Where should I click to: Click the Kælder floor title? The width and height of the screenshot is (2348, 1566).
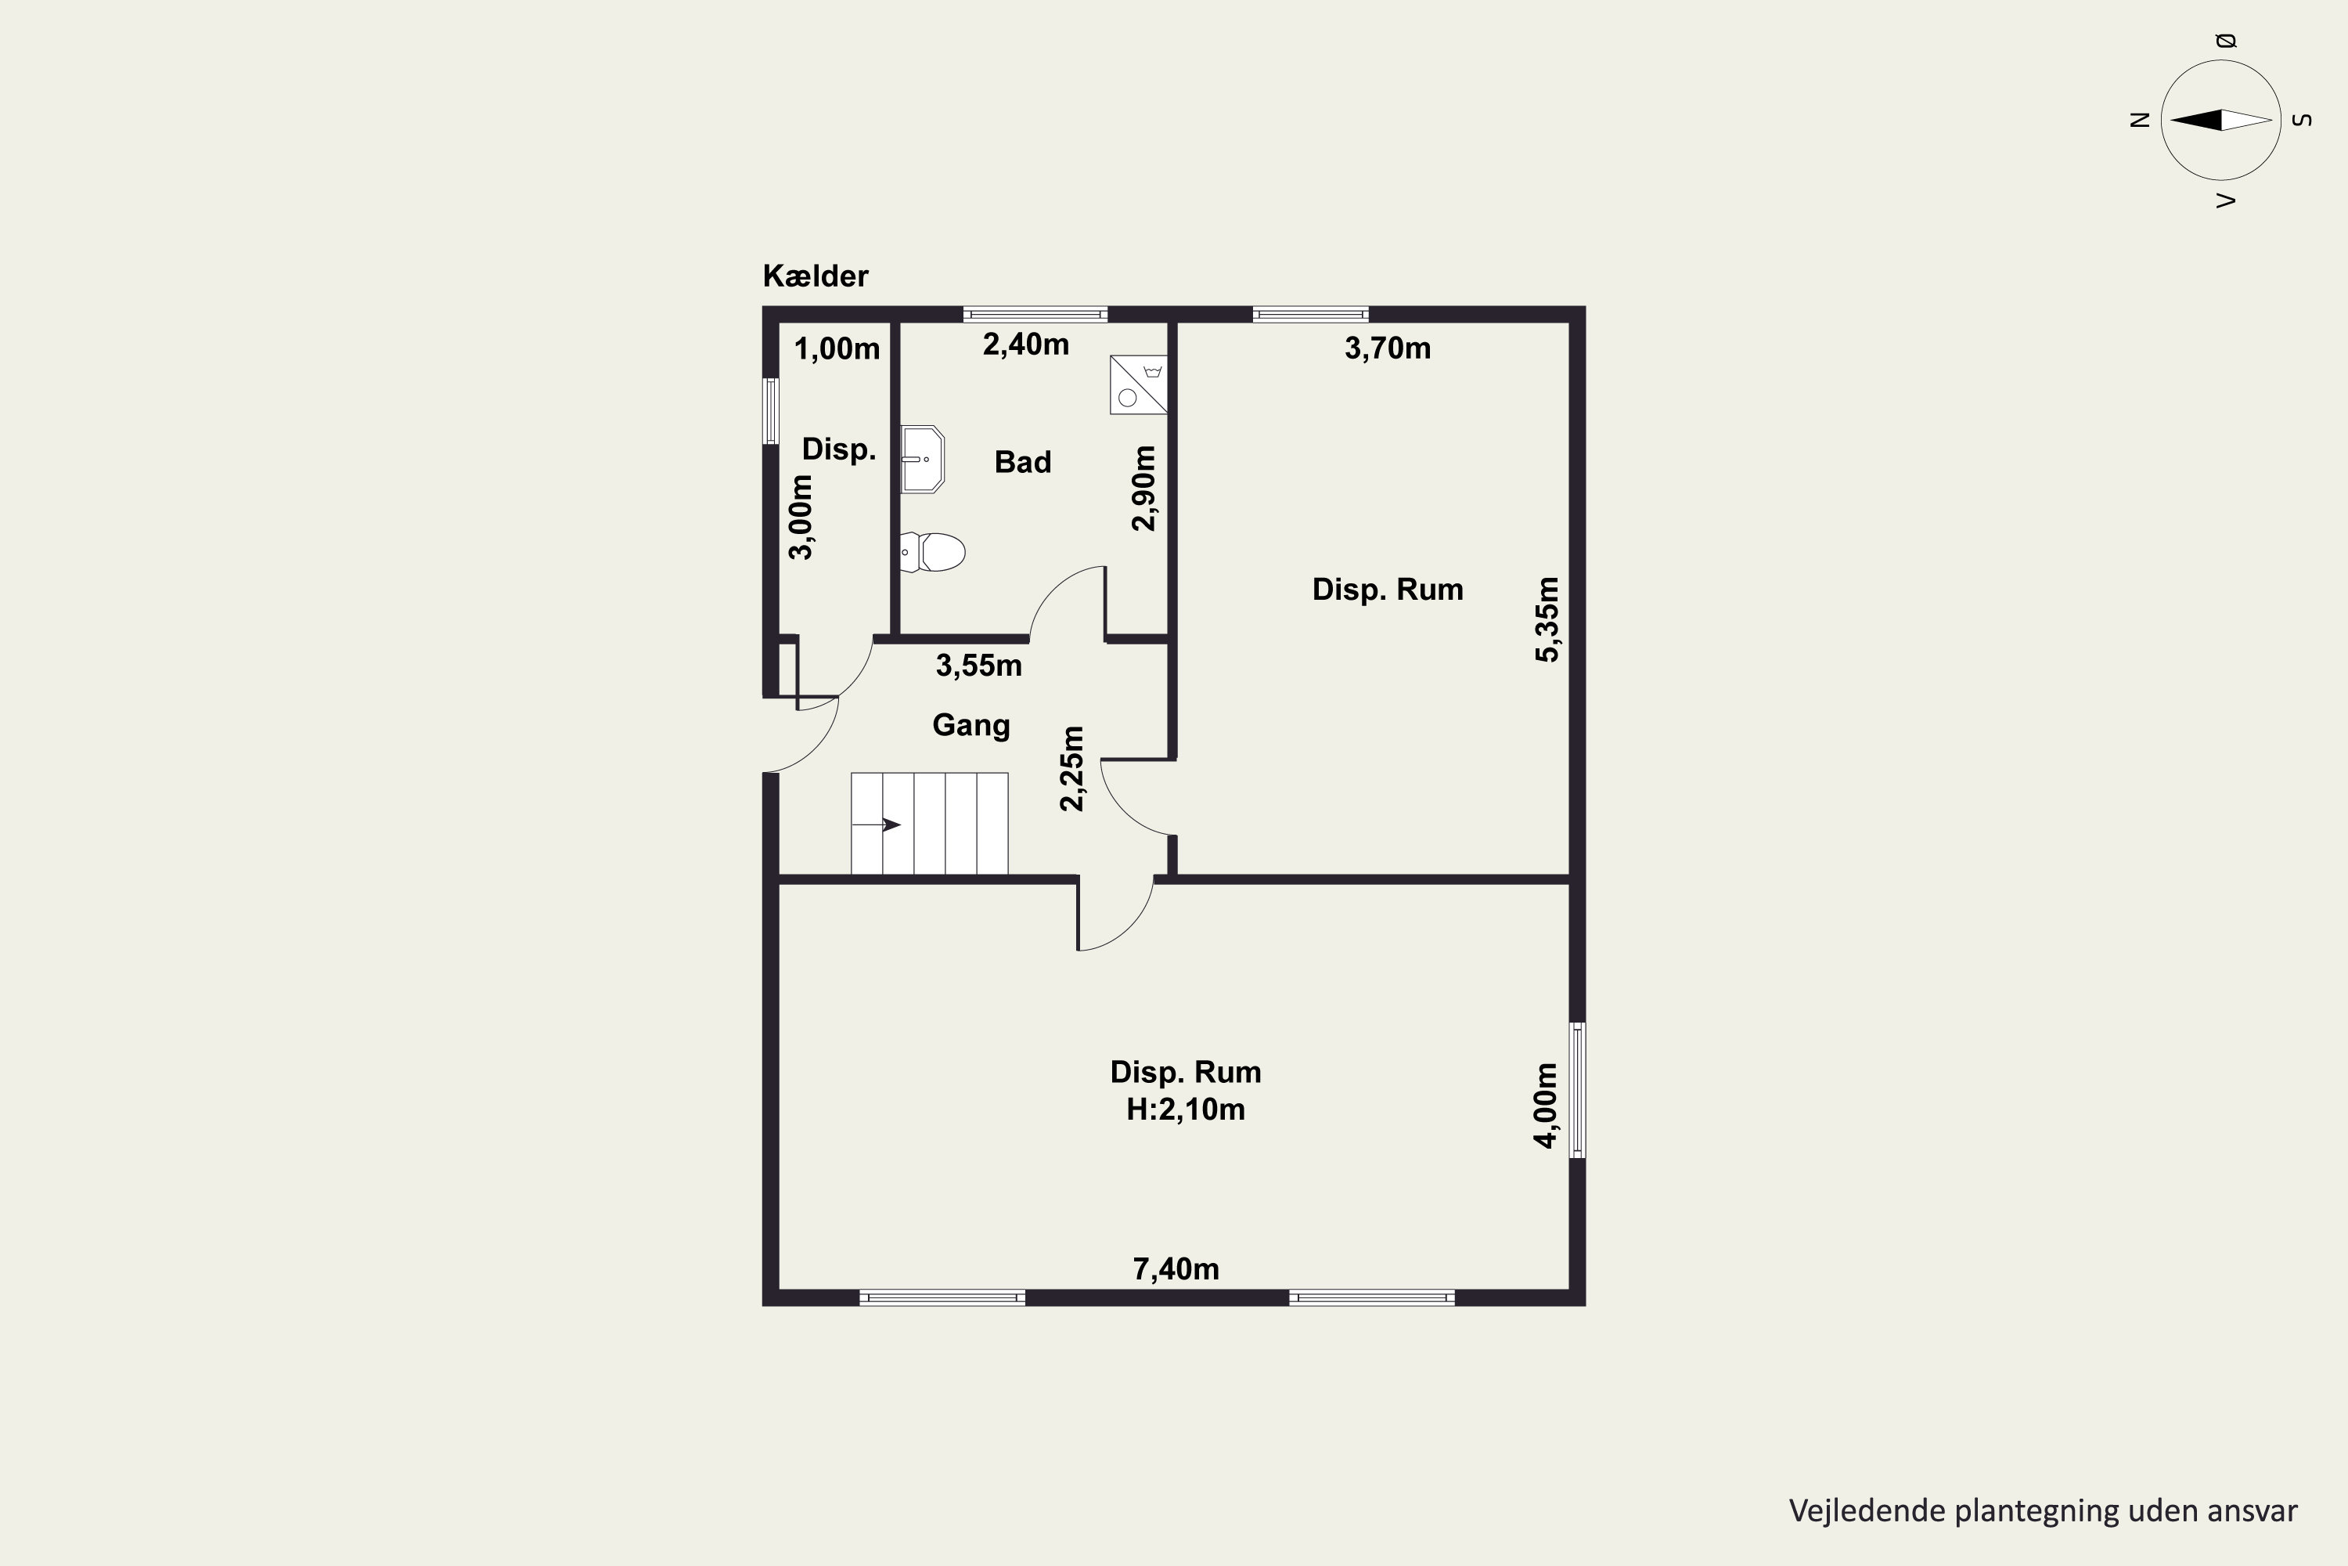(816, 276)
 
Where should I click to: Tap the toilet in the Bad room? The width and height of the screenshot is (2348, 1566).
(932, 552)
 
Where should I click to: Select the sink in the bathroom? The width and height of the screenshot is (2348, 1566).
(923, 460)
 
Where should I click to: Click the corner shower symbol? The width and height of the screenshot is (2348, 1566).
(1138, 384)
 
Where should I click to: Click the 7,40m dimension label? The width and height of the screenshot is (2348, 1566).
(1176, 1269)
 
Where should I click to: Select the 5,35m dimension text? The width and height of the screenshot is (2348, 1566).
(1547, 619)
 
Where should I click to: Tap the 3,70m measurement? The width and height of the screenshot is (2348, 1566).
(1388, 348)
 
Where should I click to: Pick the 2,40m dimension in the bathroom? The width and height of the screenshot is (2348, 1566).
(1026, 345)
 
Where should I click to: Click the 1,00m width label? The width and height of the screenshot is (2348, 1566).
(837, 348)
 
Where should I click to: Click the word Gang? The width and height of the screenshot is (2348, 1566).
(971, 725)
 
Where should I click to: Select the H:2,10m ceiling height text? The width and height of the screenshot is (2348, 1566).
(1186, 1110)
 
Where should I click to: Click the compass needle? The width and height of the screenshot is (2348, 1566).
(2221, 120)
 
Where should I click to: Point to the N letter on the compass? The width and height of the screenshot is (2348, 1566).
(2139, 120)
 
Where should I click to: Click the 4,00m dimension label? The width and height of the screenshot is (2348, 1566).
(1544, 1106)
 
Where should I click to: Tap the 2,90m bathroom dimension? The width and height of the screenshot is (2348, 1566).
(1144, 489)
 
